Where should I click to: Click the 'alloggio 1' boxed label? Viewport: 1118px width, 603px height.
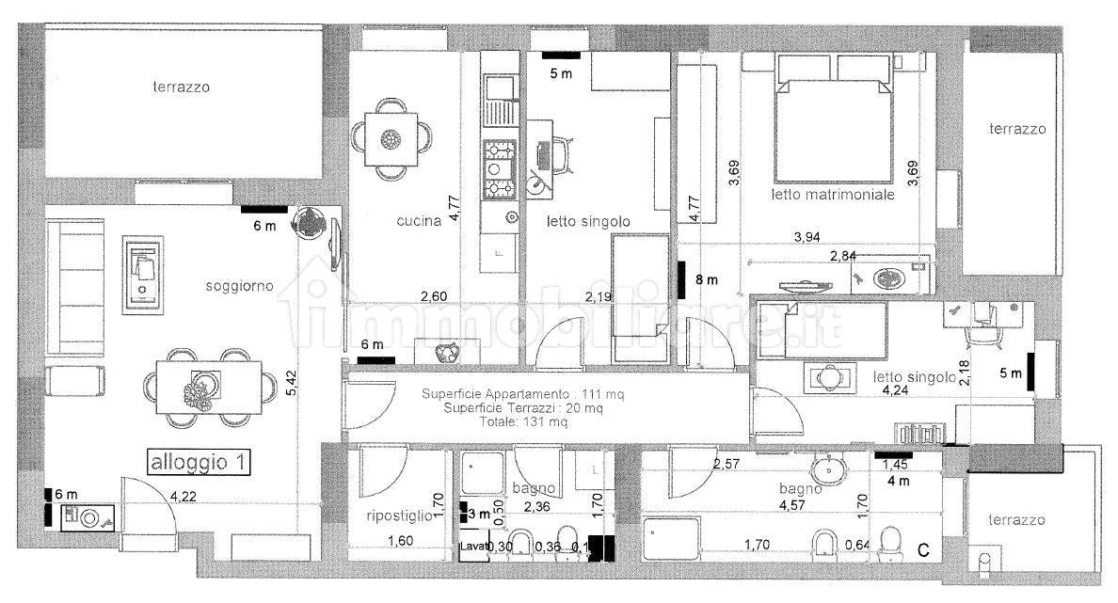[x=198, y=463]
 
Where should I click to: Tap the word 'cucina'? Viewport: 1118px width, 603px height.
[x=419, y=222]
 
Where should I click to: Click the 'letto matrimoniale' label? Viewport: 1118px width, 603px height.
[x=832, y=196]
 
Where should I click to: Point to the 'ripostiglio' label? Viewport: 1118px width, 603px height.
[x=399, y=516]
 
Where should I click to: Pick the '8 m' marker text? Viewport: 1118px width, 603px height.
[x=706, y=279]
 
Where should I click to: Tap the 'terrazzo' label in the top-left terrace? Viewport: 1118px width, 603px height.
[x=182, y=87]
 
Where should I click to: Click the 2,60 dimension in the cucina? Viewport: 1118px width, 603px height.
[x=433, y=297]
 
